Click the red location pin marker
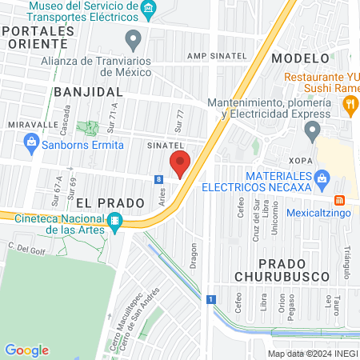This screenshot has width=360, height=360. click(180, 163)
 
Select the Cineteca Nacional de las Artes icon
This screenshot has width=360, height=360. click(116, 221)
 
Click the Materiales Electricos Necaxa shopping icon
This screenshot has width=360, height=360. click(322, 177)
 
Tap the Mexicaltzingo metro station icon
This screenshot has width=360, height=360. click(339, 200)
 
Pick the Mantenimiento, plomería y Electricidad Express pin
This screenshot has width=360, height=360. click(312, 130)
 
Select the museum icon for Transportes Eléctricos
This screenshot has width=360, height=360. click(149, 10)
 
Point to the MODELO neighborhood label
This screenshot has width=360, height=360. click(300, 58)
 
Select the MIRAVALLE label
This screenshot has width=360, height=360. click(34, 126)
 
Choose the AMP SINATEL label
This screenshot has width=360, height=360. click(213, 56)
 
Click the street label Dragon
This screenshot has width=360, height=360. click(192, 252)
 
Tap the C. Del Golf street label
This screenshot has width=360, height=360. click(24, 248)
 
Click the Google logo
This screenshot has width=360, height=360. click(26, 350)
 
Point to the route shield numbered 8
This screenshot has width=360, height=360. click(159, 179)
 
